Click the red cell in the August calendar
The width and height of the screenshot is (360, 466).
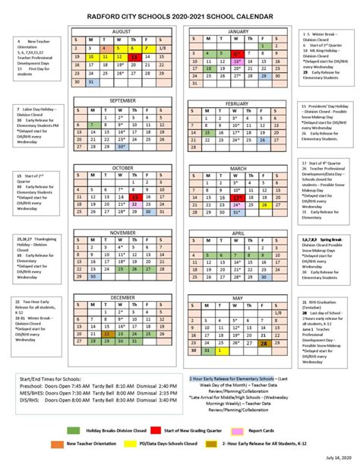pos(134,56)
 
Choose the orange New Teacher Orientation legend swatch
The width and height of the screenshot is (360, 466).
pos(57,443)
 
